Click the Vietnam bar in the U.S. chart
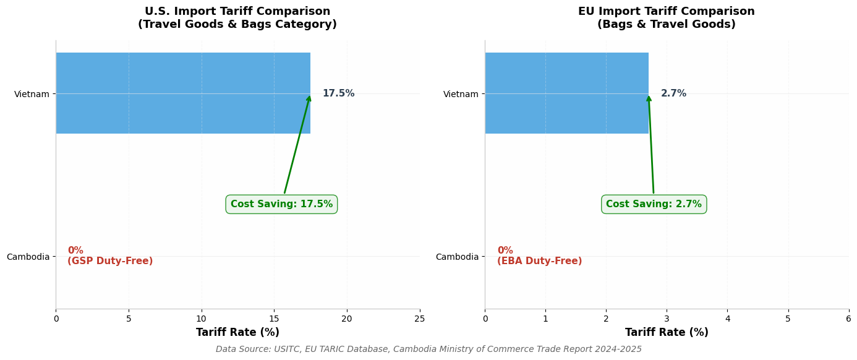(x=183, y=93)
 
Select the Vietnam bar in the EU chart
(x=566, y=93)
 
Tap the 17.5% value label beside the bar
(x=338, y=93)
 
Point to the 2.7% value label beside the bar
(x=673, y=93)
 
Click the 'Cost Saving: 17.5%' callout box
(x=281, y=204)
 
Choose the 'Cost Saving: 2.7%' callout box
(x=654, y=204)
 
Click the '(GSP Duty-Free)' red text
(x=110, y=261)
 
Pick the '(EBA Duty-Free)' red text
(x=539, y=261)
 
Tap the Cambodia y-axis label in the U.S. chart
(x=28, y=257)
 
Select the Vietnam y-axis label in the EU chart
(x=461, y=94)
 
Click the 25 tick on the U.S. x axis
(x=419, y=319)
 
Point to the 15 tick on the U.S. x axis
(x=274, y=319)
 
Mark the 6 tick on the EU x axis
(x=848, y=319)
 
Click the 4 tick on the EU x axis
(x=727, y=319)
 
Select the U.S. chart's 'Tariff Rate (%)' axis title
(x=237, y=333)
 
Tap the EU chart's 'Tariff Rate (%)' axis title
(x=667, y=333)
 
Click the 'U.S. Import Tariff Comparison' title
(x=237, y=12)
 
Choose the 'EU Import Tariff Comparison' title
(x=666, y=12)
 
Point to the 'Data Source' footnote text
(x=428, y=349)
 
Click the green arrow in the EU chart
(x=651, y=145)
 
